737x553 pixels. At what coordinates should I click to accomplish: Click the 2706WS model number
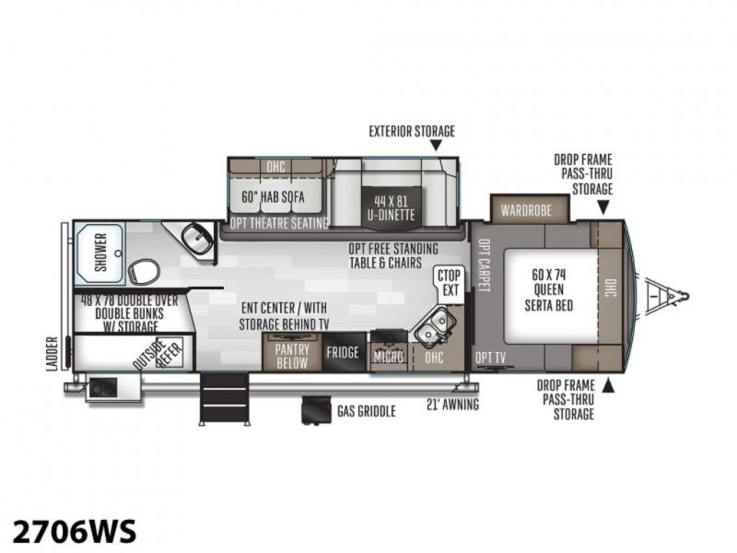click(x=75, y=532)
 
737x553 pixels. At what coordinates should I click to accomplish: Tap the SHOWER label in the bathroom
click(x=101, y=253)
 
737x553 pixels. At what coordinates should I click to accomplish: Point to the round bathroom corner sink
click(x=197, y=238)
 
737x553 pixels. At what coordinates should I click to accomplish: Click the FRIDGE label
click(x=343, y=352)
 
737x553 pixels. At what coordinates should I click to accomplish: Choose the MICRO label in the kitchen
click(x=388, y=357)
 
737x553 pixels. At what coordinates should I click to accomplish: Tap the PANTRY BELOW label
click(x=292, y=356)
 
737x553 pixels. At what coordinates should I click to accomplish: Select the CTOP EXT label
click(x=449, y=283)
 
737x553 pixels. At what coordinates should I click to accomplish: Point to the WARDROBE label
click(x=526, y=210)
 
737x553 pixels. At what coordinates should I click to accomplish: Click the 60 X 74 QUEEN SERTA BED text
click(x=548, y=290)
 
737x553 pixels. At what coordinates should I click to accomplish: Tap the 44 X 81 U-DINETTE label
click(x=391, y=208)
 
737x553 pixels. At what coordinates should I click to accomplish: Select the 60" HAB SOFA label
click(x=273, y=196)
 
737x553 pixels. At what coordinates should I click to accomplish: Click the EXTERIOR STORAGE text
click(x=412, y=131)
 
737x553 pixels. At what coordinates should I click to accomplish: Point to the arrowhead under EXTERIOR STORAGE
click(x=436, y=146)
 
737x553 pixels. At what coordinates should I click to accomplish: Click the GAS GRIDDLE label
click(x=366, y=411)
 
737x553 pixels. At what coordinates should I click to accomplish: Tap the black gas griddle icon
click(x=316, y=409)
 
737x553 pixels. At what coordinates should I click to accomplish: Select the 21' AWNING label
click(x=452, y=405)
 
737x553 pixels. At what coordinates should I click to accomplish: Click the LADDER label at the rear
click(x=53, y=354)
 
